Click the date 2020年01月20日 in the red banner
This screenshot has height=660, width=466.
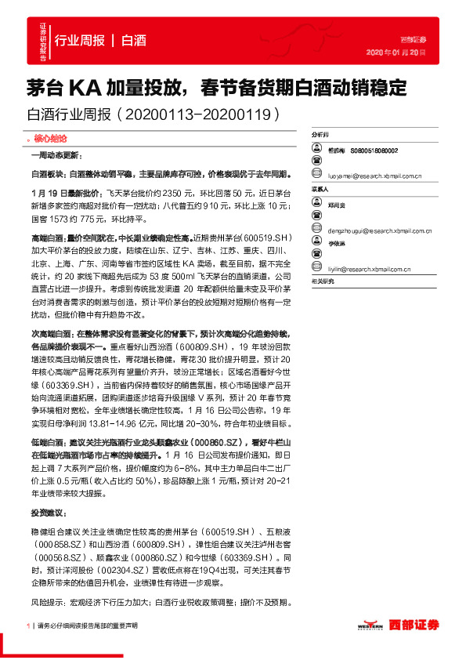pyautogui.click(x=396, y=52)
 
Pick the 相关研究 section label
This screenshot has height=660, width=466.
pyautogui.click(x=322, y=280)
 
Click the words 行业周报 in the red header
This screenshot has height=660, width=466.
pyautogui.click(x=80, y=41)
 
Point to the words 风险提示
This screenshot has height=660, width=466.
pyautogui.click(x=49, y=603)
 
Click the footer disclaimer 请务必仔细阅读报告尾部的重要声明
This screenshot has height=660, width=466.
pyautogui.click(x=87, y=626)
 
